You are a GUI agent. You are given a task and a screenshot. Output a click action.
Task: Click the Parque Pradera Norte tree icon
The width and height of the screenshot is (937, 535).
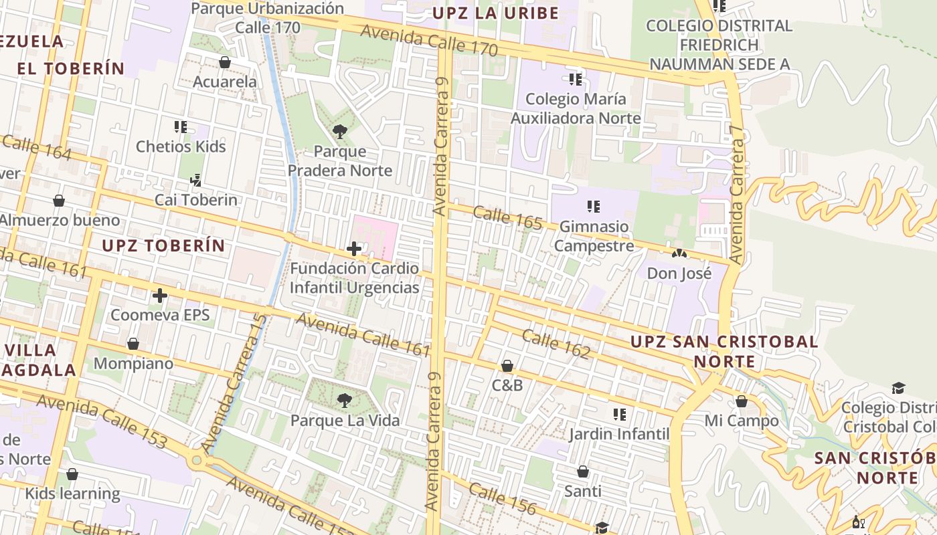click(x=340, y=132)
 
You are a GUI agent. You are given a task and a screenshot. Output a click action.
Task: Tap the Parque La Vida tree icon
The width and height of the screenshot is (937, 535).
click(x=345, y=401)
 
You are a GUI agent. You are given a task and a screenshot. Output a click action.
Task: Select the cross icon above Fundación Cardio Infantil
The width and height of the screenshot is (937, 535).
click(x=354, y=249)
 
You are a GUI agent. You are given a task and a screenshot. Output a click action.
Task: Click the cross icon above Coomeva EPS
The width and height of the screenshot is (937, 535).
click(x=160, y=296)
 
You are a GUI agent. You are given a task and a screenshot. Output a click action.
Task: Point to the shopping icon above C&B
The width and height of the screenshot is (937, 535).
click(x=507, y=366)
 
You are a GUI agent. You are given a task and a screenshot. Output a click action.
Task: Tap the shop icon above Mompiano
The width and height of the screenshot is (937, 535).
click(x=133, y=344)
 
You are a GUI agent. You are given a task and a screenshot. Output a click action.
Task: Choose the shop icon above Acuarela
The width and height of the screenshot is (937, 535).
click(x=225, y=62)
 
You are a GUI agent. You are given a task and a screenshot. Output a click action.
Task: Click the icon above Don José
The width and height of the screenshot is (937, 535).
click(x=679, y=254)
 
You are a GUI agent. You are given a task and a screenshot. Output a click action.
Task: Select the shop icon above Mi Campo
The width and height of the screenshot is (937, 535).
click(x=742, y=402)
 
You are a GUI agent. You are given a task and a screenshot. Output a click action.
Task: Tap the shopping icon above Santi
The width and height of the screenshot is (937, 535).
click(x=583, y=472)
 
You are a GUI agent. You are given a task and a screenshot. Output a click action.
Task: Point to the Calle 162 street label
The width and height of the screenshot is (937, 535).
click(x=556, y=344)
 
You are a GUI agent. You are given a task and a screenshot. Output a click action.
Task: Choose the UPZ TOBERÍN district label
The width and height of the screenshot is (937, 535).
click(x=163, y=245)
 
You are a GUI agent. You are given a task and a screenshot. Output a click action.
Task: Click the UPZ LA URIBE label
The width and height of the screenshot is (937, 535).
click(x=495, y=13)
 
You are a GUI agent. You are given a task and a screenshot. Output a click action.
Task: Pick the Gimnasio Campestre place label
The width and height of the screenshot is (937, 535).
click(x=594, y=236)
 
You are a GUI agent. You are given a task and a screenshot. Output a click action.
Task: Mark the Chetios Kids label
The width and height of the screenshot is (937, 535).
click(x=181, y=146)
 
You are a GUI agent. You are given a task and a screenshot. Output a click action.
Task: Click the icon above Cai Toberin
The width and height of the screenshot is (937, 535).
click(x=195, y=180)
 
